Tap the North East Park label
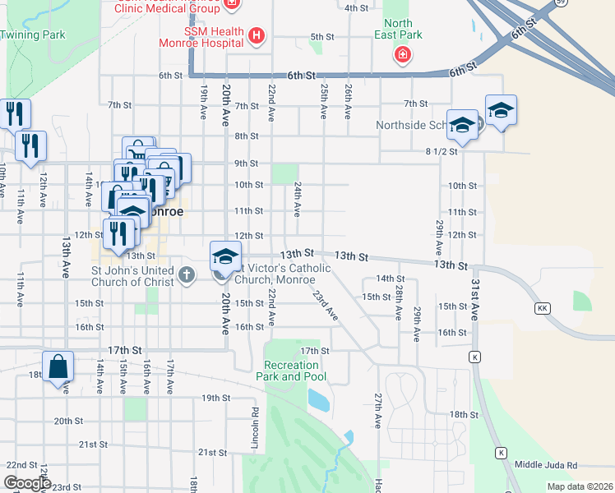[x=398, y=30]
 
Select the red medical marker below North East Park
[x=402, y=56]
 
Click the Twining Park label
[x=33, y=35]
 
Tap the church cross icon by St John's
[x=187, y=274]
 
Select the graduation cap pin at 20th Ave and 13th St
[x=224, y=257]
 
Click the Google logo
[x=27, y=483]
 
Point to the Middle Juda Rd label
[x=546, y=465]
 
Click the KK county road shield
[x=542, y=308]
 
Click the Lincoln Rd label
[x=256, y=429]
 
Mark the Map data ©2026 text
[x=580, y=486]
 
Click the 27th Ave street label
[x=378, y=410]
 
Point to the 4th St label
[x=356, y=8]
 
